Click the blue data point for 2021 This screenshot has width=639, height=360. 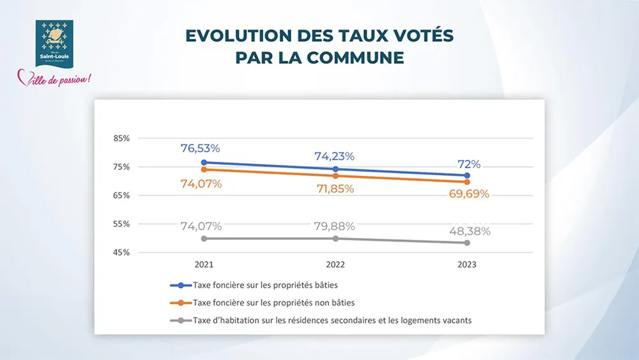coord(204,162)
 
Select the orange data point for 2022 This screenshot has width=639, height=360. coord(335,176)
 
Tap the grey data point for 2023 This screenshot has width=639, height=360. coord(467,243)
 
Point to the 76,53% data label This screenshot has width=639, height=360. coord(200,148)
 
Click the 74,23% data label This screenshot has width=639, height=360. coord(334,156)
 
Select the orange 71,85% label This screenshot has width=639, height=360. coord(334,189)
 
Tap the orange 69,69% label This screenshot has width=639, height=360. coord(467,194)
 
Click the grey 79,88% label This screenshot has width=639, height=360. coord(334,226)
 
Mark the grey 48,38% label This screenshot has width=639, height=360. coord(468,231)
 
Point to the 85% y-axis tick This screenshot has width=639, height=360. coord(122,138)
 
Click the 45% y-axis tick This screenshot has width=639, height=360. coord(122,253)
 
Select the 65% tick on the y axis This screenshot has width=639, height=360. coord(122,195)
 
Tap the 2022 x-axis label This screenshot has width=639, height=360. coord(335,264)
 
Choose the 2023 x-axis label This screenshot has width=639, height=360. coord(467,264)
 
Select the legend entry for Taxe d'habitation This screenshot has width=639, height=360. coord(332,320)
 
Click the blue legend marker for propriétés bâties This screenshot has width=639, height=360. coord(181,285)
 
